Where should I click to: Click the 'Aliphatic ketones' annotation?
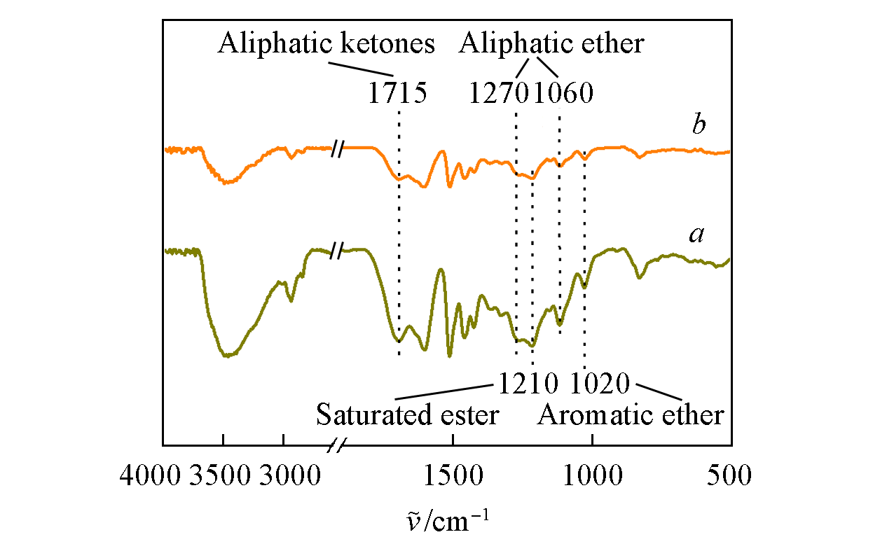(x=326, y=45)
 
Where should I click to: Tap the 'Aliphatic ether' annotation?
(x=551, y=45)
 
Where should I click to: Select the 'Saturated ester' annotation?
(x=407, y=415)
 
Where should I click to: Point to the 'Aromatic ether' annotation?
(x=631, y=415)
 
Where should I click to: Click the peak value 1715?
(x=397, y=93)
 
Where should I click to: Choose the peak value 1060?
(x=563, y=93)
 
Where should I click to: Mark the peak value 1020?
(x=601, y=383)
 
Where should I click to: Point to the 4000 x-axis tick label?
(x=150, y=477)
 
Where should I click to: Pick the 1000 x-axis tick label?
(x=593, y=477)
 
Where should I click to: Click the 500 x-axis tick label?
(x=729, y=477)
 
